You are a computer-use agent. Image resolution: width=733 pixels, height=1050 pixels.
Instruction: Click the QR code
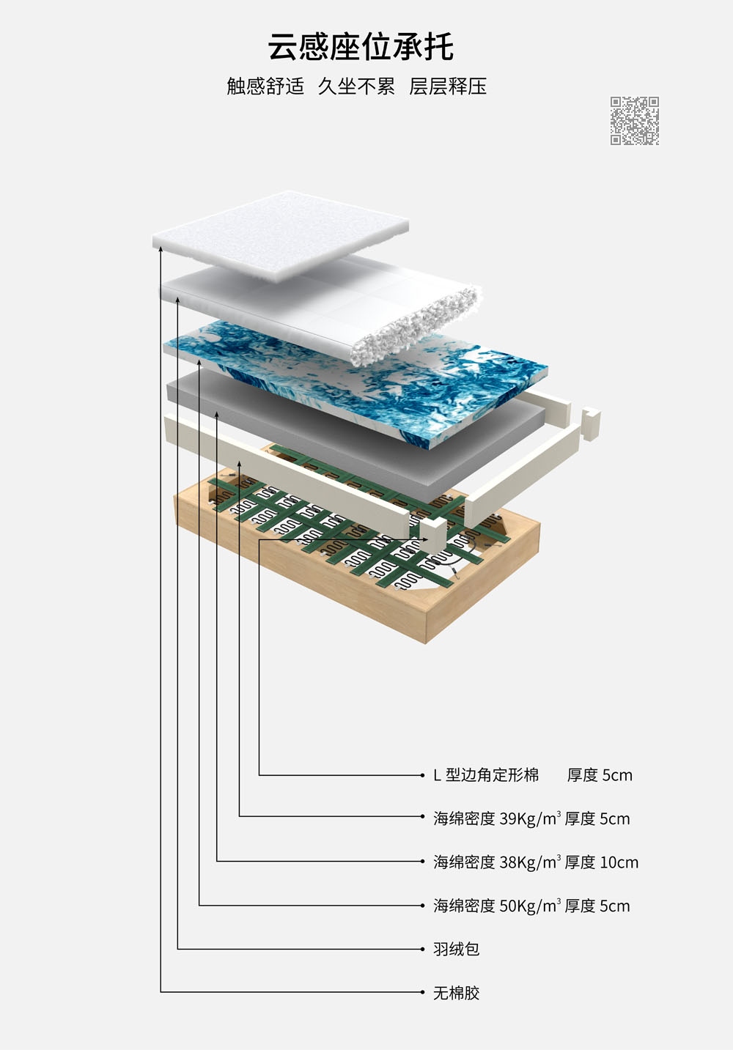[x=635, y=121]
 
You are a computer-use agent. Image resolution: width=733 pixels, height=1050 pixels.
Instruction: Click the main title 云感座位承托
[x=361, y=46]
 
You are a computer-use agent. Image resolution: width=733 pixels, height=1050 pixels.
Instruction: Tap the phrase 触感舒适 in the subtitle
[x=265, y=86]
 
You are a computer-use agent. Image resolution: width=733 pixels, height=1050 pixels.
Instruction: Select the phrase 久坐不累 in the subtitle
[x=356, y=86]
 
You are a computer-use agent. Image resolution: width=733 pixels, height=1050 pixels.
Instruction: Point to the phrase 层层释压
[x=448, y=86]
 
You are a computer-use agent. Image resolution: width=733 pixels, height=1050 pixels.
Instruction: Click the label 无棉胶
[x=457, y=992]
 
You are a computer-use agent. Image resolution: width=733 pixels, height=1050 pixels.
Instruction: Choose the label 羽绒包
[x=457, y=949]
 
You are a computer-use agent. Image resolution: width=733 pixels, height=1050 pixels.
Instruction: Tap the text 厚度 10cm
[x=602, y=862]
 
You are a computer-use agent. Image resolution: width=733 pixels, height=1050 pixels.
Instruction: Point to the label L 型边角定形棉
[x=486, y=774]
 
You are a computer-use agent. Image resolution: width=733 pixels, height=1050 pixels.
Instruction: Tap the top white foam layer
[x=281, y=235]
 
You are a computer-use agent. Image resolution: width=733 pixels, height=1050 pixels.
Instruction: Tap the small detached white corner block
[x=591, y=425]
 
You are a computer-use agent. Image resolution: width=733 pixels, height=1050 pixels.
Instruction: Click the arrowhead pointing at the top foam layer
[x=161, y=249]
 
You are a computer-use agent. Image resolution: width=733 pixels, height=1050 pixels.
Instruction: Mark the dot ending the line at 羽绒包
[x=422, y=949]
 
